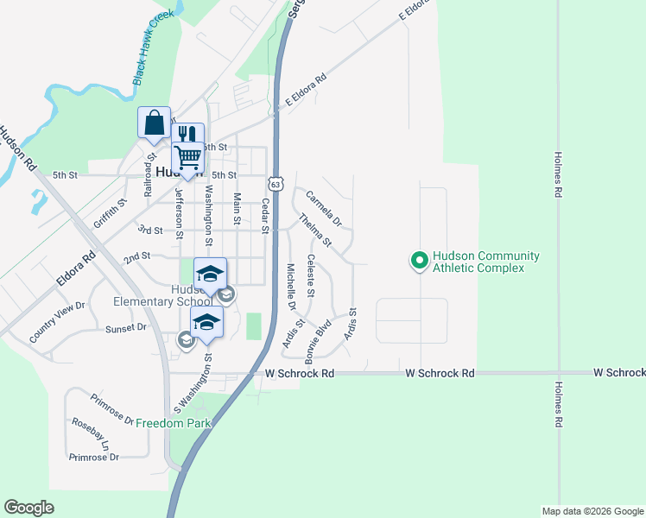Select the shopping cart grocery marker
click(187, 158)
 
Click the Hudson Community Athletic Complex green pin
click(419, 260)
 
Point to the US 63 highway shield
click(275, 184)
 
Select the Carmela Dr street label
click(324, 207)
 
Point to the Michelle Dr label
click(291, 287)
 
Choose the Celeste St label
click(311, 278)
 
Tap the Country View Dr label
click(57, 322)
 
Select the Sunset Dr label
click(126, 328)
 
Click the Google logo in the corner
click(28, 508)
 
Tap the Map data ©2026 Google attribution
click(592, 511)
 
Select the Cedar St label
click(266, 216)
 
